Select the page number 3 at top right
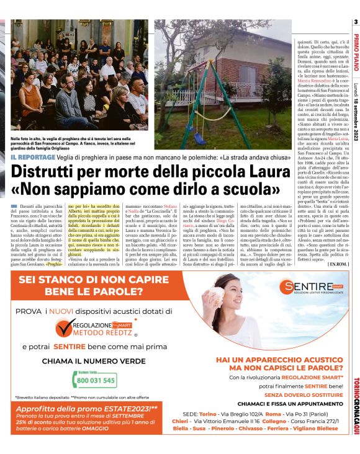[356, 22]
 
